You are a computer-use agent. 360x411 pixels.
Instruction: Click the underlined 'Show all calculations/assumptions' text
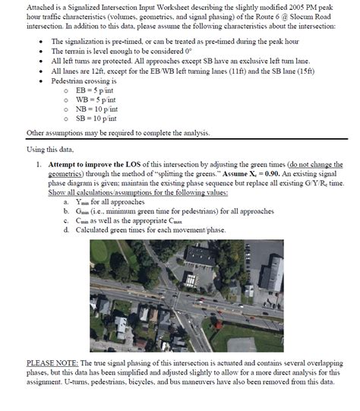tap(99, 192)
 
